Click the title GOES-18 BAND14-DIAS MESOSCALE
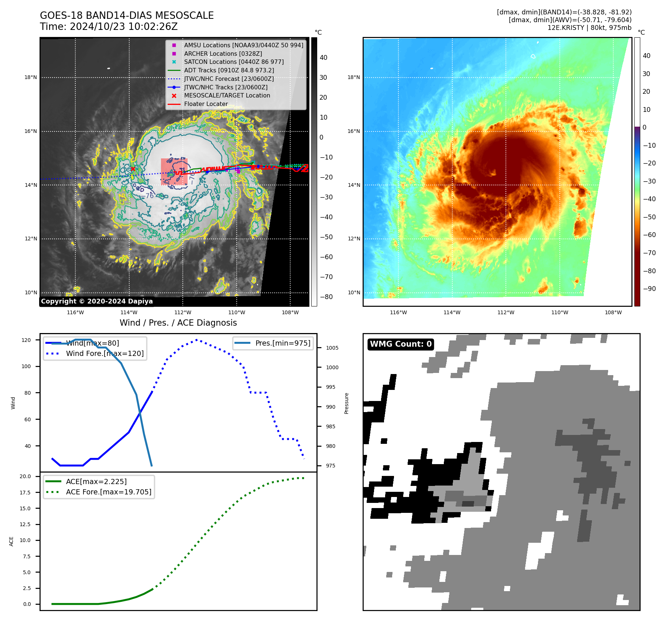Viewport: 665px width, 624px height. click(127, 16)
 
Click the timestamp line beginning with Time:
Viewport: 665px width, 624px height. click(109, 27)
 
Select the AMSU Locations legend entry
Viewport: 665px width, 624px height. click(243, 45)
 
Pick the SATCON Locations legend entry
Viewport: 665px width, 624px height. click(234, 62)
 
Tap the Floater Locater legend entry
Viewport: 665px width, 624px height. click(206, 104)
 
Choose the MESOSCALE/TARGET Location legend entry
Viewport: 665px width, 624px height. click(227, 95)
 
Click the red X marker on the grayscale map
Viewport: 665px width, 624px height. click(133, 169)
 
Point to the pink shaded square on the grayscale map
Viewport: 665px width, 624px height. click(174, 172)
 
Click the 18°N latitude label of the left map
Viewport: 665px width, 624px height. click(31, 78)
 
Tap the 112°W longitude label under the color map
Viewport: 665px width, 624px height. click(505, 312)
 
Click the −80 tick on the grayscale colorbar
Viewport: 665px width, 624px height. click(326, 297)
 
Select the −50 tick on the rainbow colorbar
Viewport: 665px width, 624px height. click(649, 217)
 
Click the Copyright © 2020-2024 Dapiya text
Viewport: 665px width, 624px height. click(97, 301)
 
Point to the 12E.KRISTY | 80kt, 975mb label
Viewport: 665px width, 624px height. click(589, 28)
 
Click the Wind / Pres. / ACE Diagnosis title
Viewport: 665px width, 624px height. click(178, 323)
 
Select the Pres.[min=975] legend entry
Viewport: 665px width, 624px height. click(282, 343)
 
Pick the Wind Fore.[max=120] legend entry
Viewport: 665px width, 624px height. click(104, 353)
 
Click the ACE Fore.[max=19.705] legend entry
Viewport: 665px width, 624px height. click(109, 492)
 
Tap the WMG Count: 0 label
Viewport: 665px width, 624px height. click(401, 344)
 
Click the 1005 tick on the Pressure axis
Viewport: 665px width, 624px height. click(332, 348)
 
